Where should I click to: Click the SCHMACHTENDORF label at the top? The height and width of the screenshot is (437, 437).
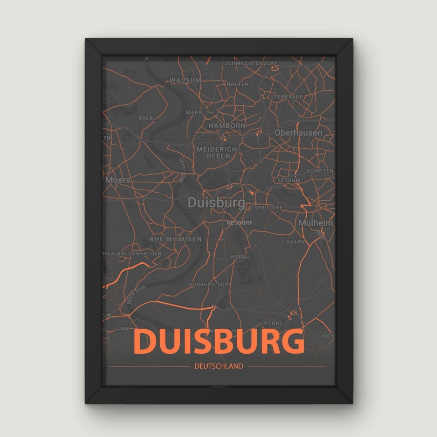[x=251, y=63]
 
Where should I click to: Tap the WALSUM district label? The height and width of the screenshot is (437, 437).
[x=186, y=80]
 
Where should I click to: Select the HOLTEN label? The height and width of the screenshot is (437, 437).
[x=237, y=84]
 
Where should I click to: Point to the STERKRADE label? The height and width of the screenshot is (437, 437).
[x=286, y=96]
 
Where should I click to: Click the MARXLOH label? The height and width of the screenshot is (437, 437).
[x=199, y=113]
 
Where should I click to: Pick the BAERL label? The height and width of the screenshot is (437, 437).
[x=147, y=118]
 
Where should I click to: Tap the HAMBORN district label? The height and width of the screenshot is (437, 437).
[x=227, y=125]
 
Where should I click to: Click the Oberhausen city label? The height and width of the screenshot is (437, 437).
[x=298, y=133]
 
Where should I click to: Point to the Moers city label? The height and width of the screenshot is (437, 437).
[x=118, y=180]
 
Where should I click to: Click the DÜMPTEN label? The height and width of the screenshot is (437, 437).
[x=320, y=171]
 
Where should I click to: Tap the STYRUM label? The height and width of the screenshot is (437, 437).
[x=289, y=180]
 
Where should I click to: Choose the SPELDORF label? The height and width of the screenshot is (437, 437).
[x=268, y=208]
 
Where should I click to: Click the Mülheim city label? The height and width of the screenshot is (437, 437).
[x=315, y=223]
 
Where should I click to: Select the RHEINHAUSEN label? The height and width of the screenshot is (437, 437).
[x=175, y=239]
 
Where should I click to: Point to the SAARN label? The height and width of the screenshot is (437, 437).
[x=295, y=242]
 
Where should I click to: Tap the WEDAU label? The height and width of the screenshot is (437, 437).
[x=240, y=257]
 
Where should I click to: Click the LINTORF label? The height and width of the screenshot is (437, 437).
[x=270, y=323]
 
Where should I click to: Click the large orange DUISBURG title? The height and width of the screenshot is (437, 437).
[x=218, y=342]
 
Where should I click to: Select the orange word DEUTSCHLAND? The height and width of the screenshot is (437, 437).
[x=218, y=366]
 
